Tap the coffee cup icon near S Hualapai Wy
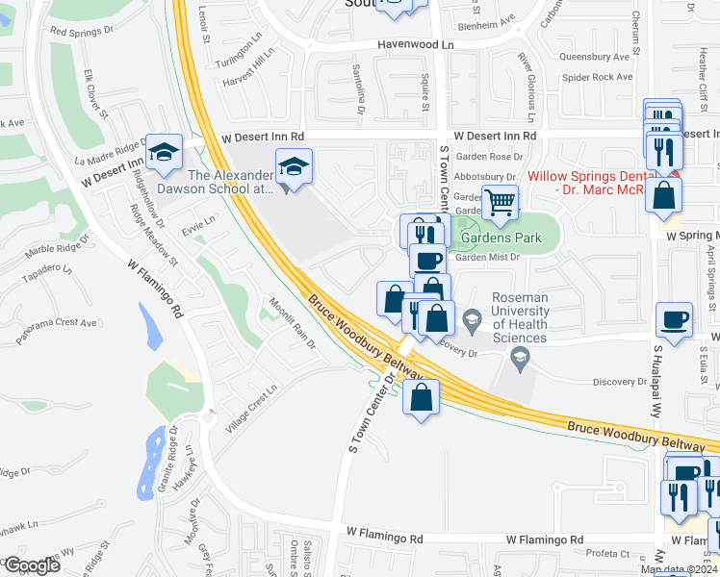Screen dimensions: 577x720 674,319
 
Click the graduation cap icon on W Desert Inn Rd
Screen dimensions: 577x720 164,152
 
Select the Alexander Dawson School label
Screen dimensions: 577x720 231,182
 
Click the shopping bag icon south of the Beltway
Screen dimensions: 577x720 422,398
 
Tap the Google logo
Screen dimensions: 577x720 31,565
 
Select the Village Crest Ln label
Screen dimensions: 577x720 249,410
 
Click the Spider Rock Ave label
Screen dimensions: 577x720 597,77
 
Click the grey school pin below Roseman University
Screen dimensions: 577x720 521,360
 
